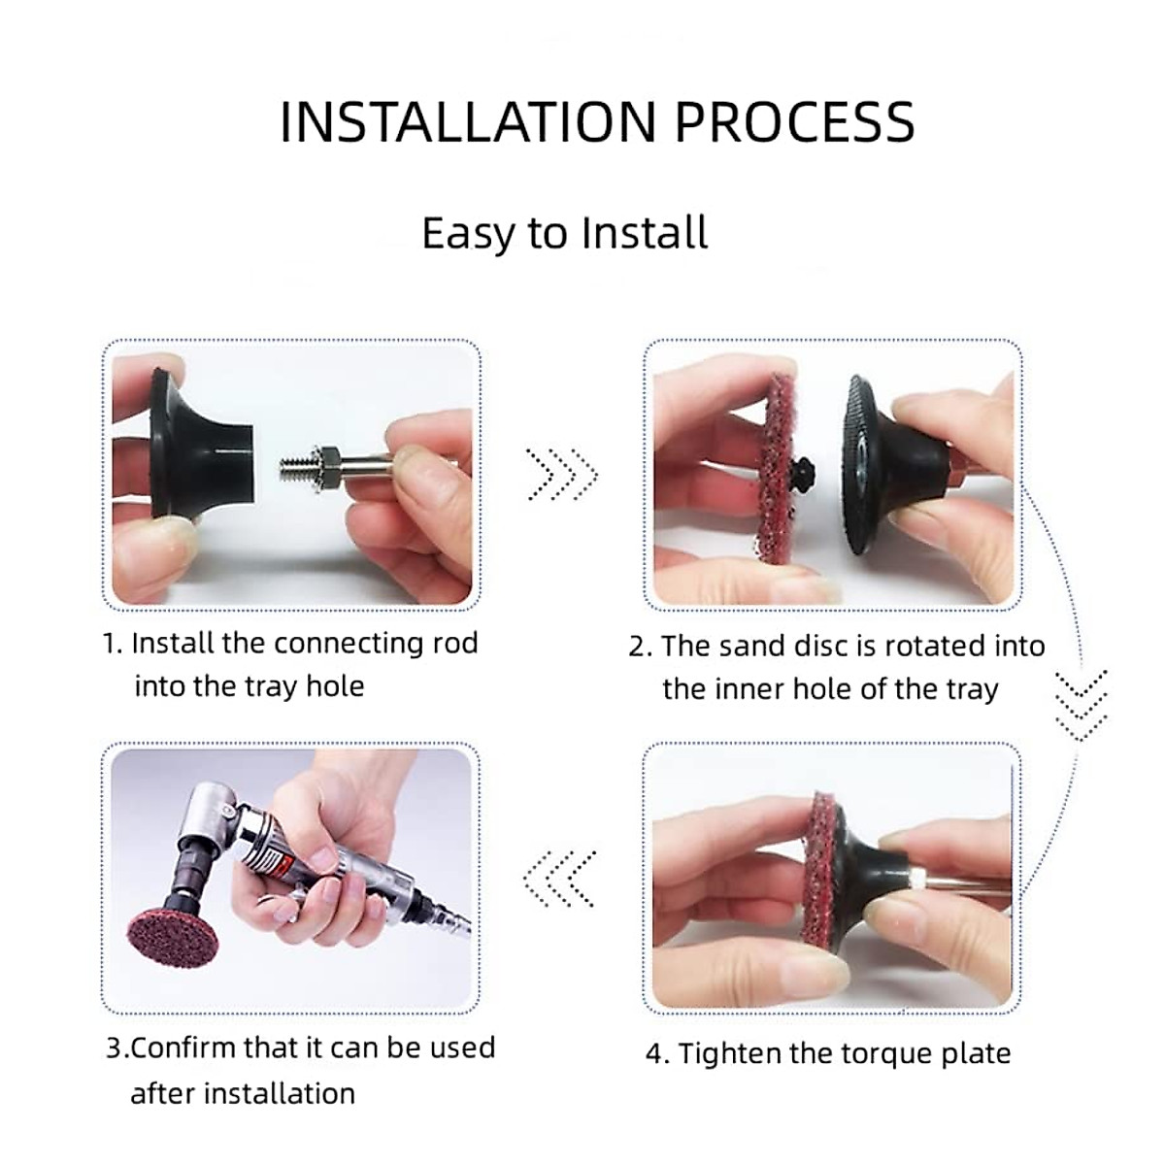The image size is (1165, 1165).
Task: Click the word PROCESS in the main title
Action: pyautogui.click(x=794, y=122)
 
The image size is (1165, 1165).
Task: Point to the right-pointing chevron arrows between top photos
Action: pyautogui.click(x=562, y=475)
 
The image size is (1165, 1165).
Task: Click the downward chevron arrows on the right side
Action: pyautogui.click(x=1081, y=704)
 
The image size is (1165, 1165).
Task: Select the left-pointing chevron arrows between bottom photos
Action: pyautogui.click(x=559, y=879)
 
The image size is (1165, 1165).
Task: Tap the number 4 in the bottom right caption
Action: pyautogui.click(x=654, y=1054)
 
